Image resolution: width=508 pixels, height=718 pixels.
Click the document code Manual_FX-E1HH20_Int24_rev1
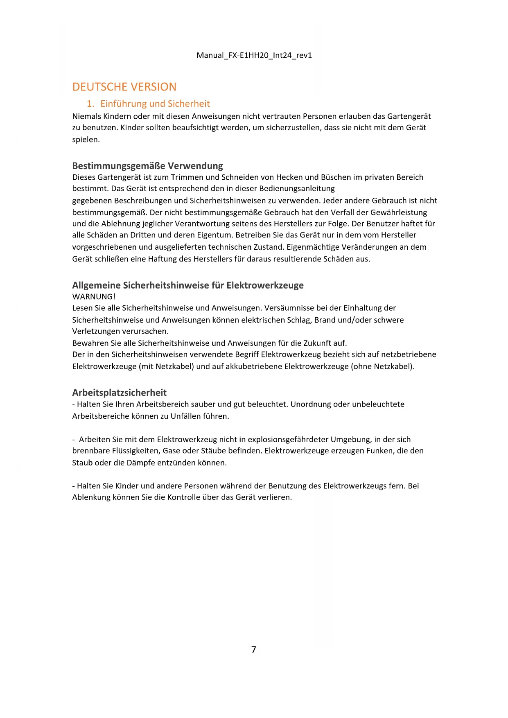click(x=254, y=55)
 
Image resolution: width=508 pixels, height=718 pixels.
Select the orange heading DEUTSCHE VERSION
click(x=124, y=87)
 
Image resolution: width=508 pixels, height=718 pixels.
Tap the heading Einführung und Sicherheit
click(x=155, y=104)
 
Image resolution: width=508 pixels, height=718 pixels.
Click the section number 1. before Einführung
click(x=90, y=104)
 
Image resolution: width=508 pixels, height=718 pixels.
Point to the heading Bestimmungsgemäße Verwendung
click(x=147, y=166)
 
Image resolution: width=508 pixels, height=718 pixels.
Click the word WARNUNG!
click(x=94, y=296)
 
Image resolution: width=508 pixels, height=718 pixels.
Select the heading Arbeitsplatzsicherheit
click(x=119, y=393)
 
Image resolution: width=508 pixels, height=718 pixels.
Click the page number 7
click(x=254, y=650)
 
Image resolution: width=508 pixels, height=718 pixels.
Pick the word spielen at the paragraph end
click(x=85, y=139)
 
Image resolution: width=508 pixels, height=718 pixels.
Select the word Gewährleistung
click(x=398, y=212)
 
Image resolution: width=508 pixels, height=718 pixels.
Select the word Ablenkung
click(x=91, y=497)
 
